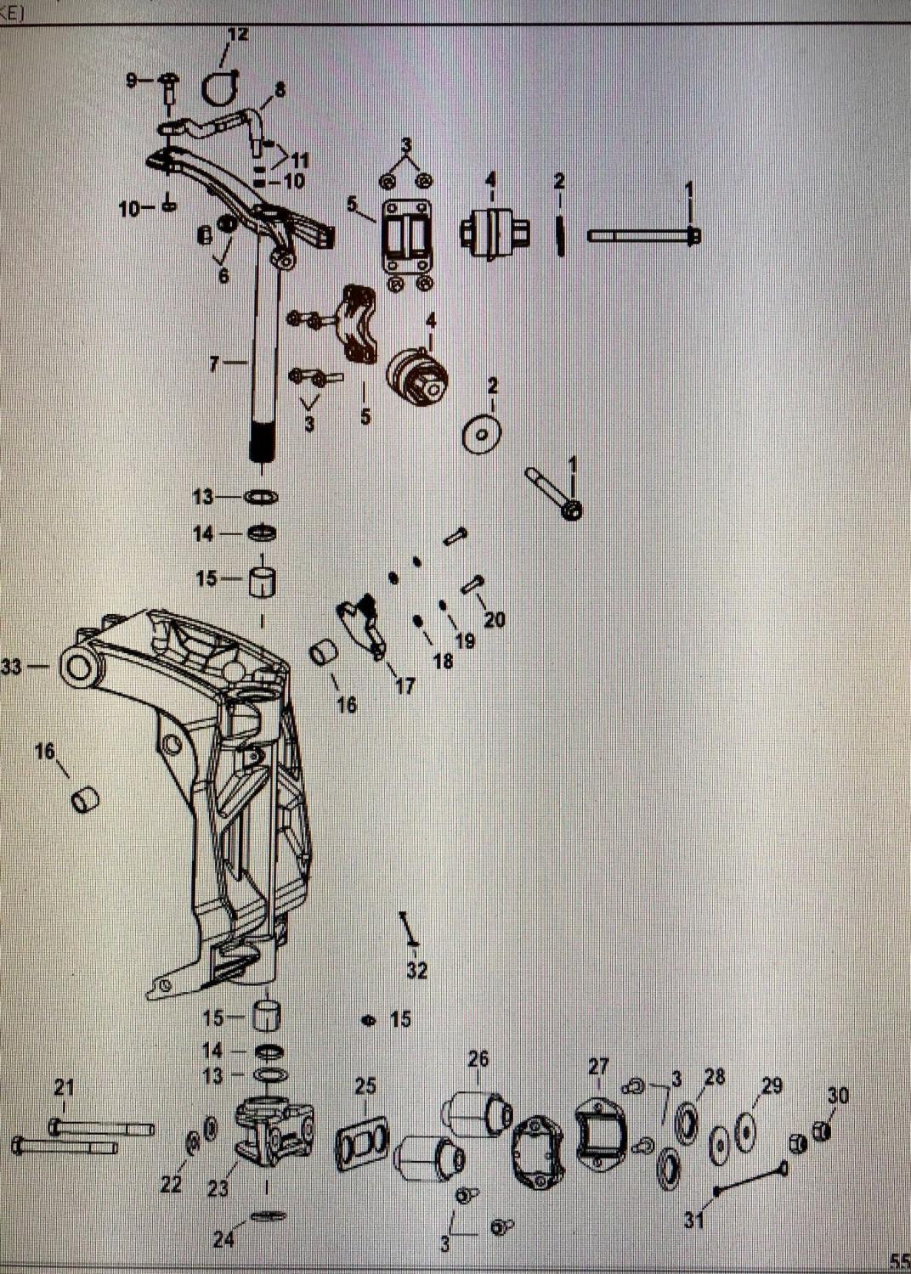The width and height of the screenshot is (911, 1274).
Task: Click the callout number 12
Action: click(238, 35)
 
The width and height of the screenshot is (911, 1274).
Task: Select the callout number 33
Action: click(12, 668)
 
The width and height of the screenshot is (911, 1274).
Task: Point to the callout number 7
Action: click(215, 364)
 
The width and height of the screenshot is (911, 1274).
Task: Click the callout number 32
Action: click(416, 970)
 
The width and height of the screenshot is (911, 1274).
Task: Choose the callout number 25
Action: click(365, 1086)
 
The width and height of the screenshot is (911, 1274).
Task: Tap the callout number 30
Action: click(838, 1096)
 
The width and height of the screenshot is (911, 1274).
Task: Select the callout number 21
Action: click(65, 1086)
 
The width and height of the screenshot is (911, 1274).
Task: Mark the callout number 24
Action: click(224, 1239)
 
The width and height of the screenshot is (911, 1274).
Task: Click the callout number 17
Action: click(405, 685)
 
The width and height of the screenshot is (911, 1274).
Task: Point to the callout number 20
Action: click(495, 620)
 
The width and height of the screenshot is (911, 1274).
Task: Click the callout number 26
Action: click(478, 1058)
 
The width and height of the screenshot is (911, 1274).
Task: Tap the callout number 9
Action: click(132, 81)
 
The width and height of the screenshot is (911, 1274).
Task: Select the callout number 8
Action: click(280, 88)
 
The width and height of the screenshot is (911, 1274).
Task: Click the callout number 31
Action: click(694, 1220)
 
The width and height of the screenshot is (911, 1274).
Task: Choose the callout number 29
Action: click(772, 1085)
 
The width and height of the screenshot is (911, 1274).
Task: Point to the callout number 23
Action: click(218, 1188)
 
